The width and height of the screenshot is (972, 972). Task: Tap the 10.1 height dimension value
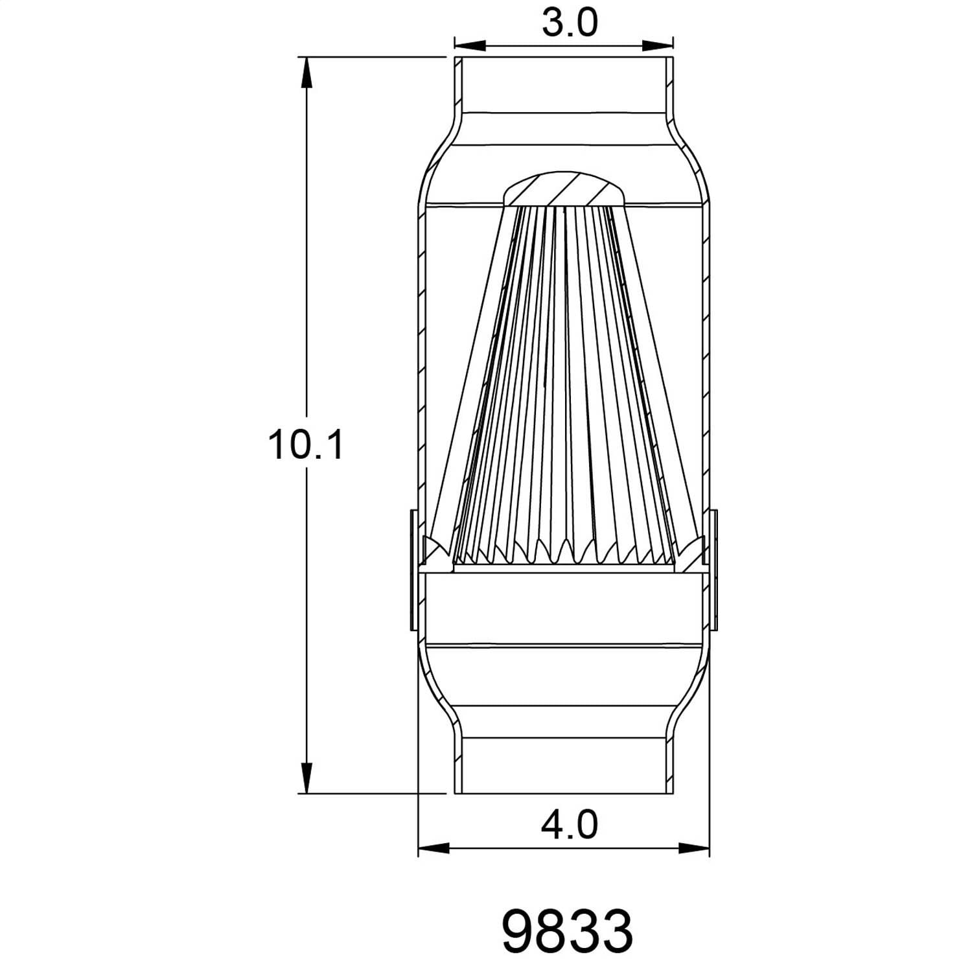pyautogui.click(x=305, y=446)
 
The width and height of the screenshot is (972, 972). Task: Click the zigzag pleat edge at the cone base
pyautogui.click(x=564, y=551)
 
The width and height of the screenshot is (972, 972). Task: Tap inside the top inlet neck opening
pyautogui.click(x=564, y=84)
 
